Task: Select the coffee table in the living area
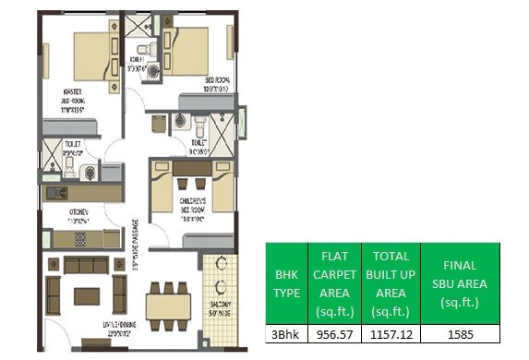pyautogui.click(x=87, y=296)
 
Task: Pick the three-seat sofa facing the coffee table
pyautogui.click(x=86, y=267)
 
